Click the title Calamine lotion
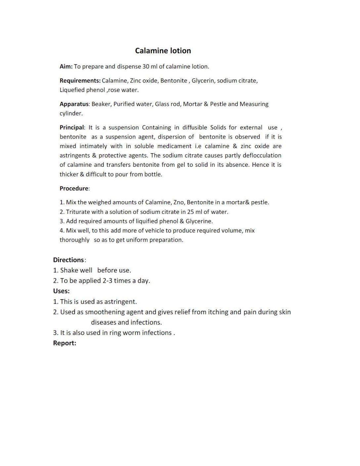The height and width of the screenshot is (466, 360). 163,51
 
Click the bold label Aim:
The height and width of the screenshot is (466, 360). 66,67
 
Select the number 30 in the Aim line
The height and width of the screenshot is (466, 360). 146,67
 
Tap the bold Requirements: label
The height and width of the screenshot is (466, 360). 80,80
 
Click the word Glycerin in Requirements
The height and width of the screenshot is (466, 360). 203,80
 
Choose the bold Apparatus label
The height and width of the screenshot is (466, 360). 74,104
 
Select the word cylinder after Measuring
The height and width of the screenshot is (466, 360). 70,113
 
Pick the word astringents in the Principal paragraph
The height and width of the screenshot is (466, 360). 74,155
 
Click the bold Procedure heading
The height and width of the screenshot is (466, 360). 74,188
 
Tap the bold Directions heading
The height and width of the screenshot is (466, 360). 68,260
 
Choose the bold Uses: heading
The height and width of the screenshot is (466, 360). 61,291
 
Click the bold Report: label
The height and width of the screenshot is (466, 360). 65,343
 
